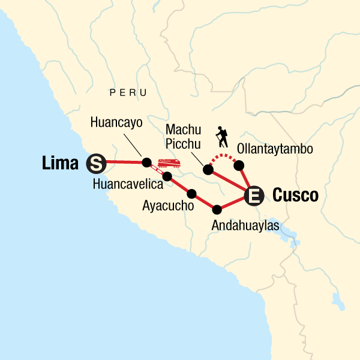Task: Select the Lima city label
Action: [x=62, y=162]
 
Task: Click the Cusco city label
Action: [x=295, y=195]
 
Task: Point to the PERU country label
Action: [x=128, y=92]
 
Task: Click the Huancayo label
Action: [x=116, y=122]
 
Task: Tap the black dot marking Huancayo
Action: [x=146, y=162]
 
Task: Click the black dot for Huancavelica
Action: [x=167, y=176]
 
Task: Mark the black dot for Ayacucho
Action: [x=192, y=193]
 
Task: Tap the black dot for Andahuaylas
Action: [x=217, y=209]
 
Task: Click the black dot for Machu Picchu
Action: [x=208, y=170]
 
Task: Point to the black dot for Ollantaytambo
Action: [x=239, y=165]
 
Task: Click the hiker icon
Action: [x=223, y=137]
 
